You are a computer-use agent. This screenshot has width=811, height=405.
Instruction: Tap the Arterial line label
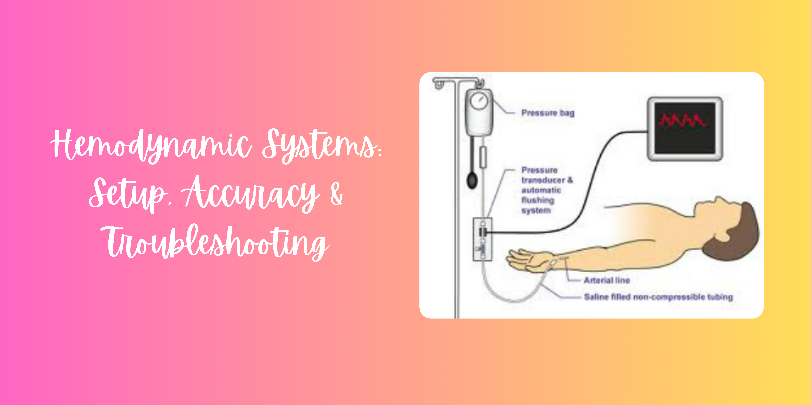(607, 280)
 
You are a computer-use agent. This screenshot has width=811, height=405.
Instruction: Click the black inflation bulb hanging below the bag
(472, 180)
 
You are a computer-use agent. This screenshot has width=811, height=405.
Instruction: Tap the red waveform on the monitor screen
(683, 121)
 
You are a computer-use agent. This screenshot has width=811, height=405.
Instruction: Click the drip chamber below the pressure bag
(483, 157)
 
